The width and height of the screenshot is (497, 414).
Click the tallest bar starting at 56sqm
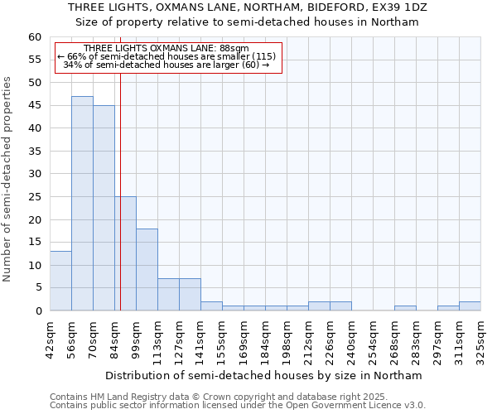(82, 203)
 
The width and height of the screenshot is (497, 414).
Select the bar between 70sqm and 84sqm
(104, 208)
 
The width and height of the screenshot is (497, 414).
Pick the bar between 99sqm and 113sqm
(147, 269)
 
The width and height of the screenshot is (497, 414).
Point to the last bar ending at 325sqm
(470, 306)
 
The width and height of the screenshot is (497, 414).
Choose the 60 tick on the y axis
(34, 37)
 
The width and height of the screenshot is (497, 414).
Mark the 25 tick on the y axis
(34, 197)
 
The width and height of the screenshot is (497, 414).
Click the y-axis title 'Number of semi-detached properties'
(8, 179)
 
